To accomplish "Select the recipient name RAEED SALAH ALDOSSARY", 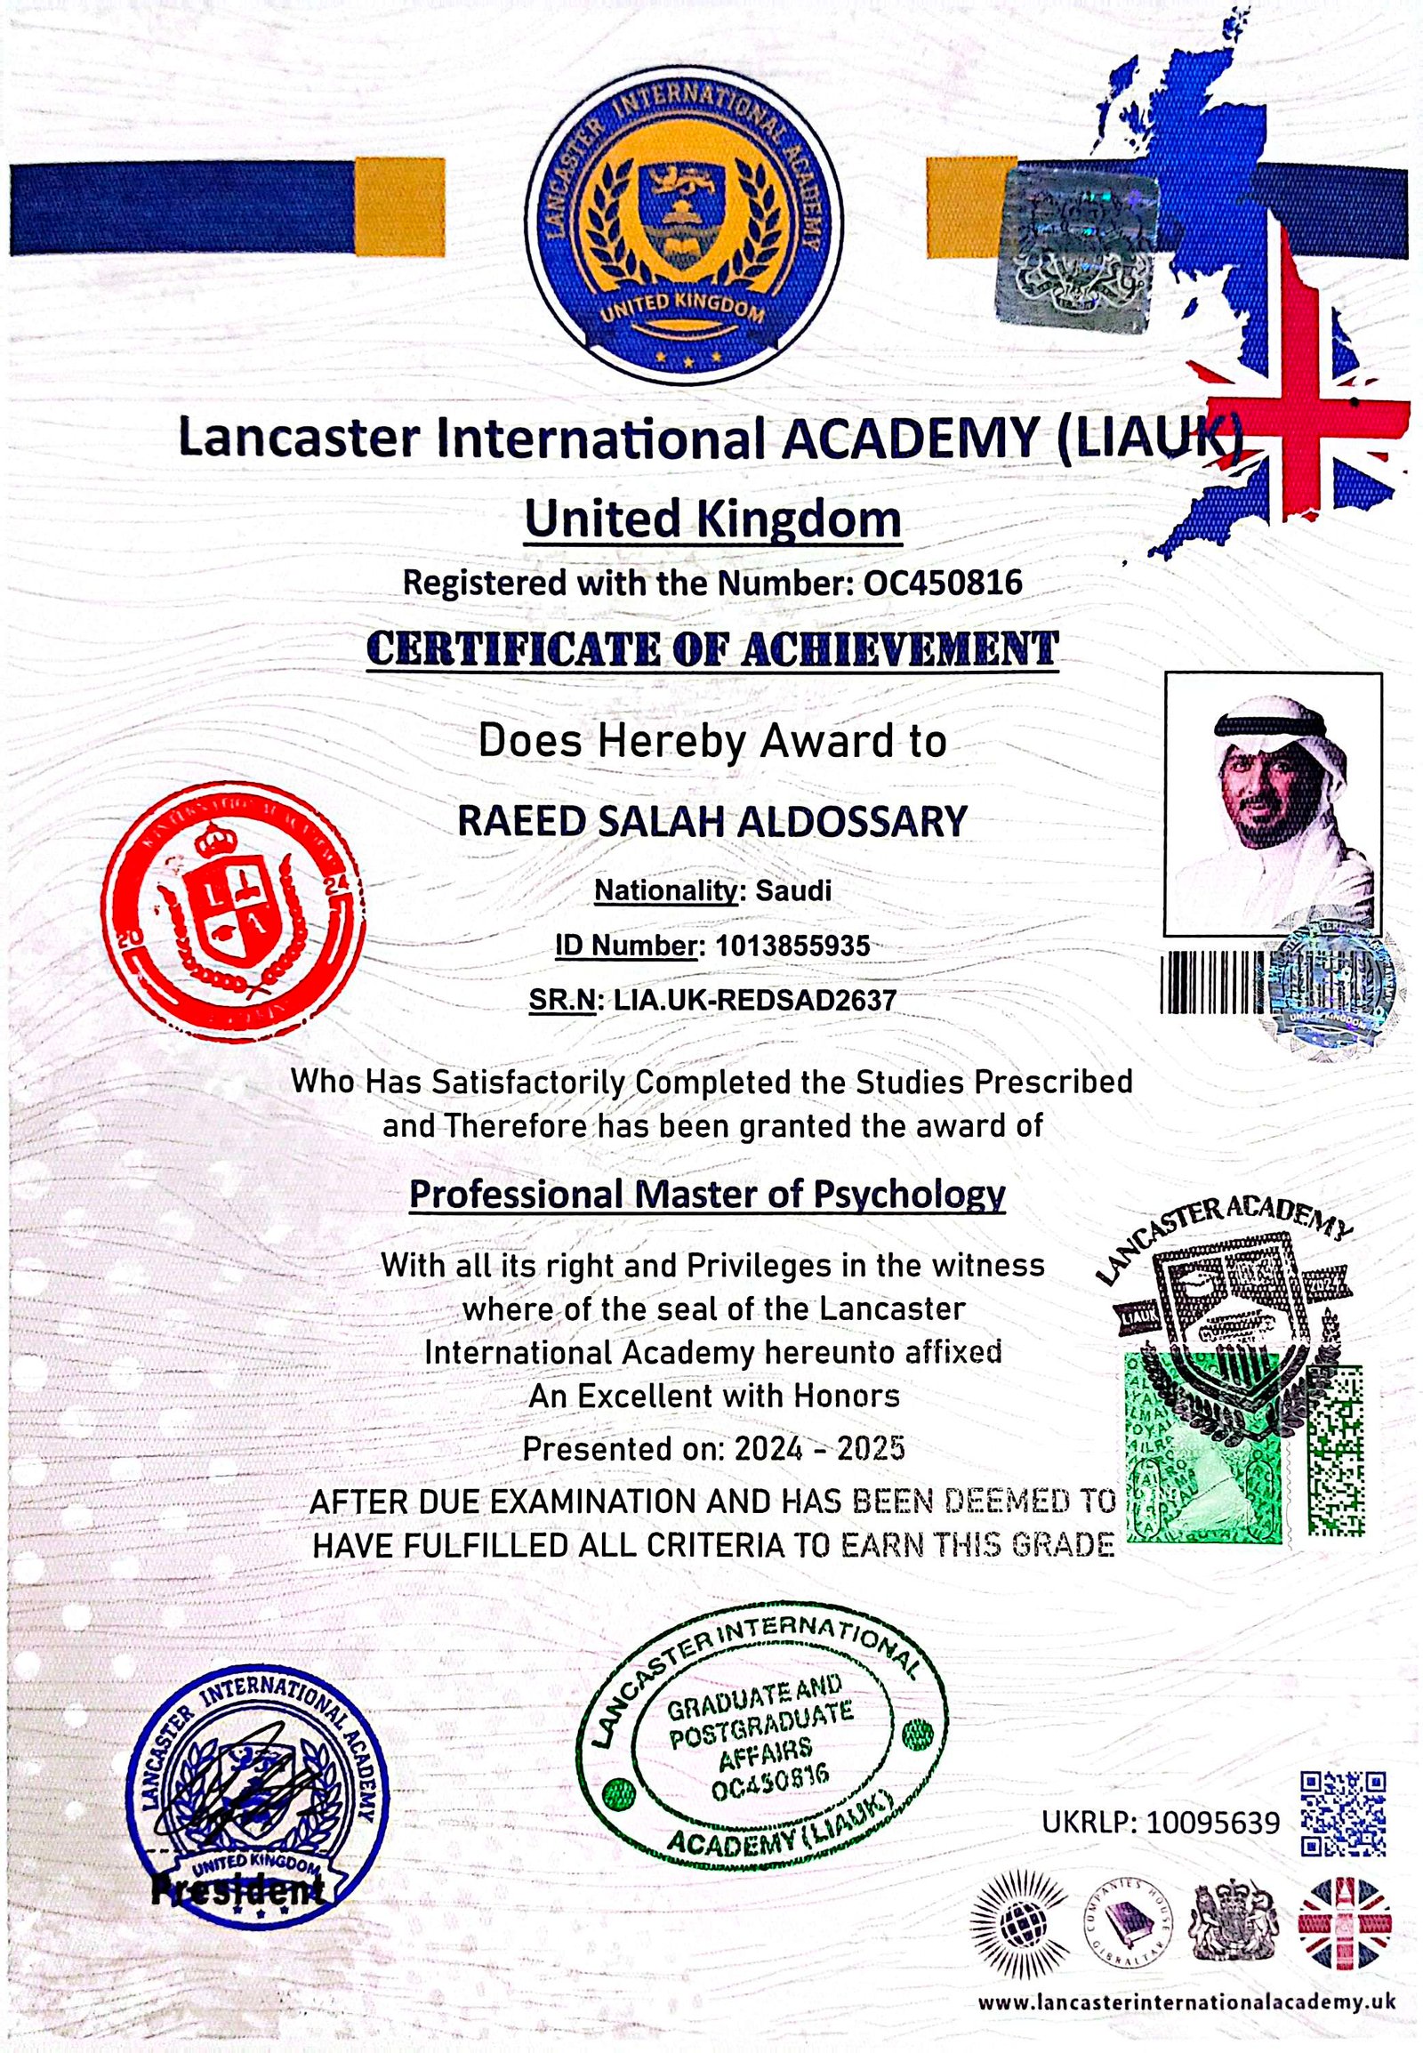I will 712,821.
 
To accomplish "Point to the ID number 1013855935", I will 792,946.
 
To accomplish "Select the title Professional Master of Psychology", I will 707,1194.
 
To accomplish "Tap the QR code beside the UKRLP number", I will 1344,1814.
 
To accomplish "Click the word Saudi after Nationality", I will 793,890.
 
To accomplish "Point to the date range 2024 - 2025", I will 819,1448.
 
